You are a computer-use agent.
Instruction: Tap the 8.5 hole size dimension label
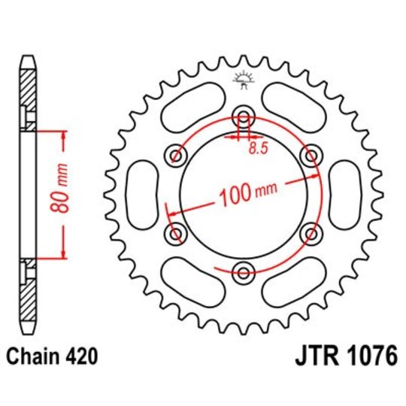[257, 150]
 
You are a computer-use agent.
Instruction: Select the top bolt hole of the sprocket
[244, 115]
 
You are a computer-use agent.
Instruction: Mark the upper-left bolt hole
[178, 155]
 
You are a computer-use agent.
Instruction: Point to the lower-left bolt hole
[178, 233]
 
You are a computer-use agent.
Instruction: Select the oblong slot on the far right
[344, 194]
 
